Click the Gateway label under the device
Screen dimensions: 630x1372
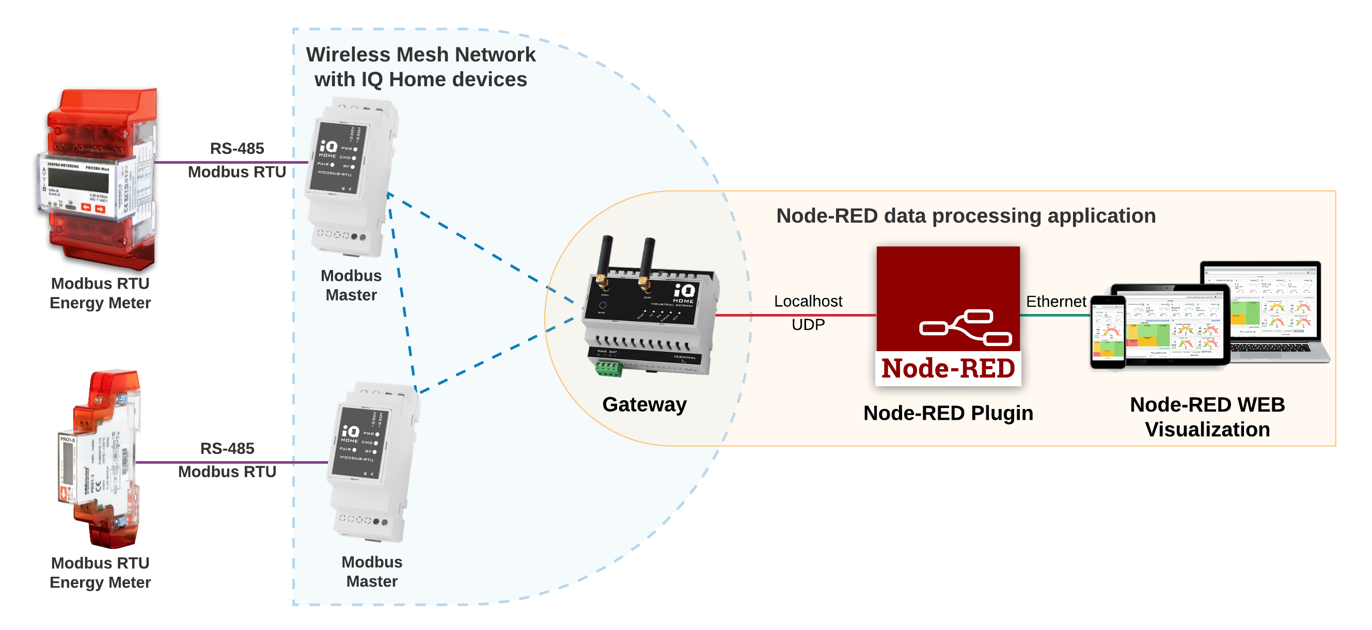644,405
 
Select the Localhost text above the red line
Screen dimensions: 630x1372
808,302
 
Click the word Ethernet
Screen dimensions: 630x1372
1055,302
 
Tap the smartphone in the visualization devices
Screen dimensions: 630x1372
1108,333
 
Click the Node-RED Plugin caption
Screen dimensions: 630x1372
948,414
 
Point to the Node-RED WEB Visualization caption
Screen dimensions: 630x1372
1207,417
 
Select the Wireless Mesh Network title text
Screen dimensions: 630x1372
421,67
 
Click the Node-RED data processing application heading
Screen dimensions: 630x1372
966,216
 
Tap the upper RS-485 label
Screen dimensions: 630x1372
236,149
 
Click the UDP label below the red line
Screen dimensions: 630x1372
808,325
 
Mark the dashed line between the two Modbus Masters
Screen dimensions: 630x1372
402,293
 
